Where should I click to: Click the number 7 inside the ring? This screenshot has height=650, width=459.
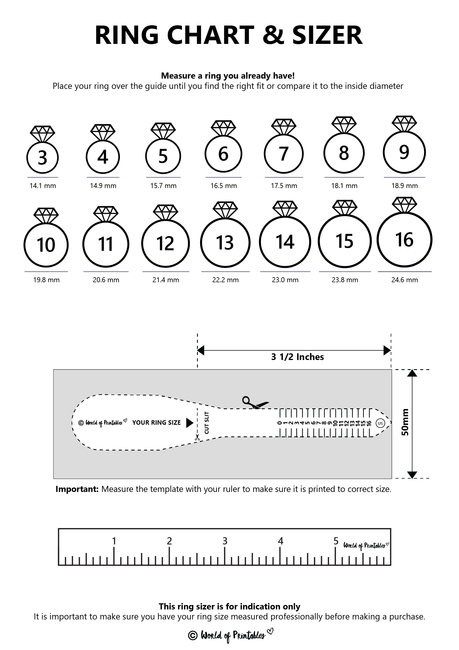pos(284,154)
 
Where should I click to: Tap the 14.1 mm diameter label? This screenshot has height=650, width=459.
pos(43,186)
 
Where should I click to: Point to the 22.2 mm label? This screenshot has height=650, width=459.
pos(225,280)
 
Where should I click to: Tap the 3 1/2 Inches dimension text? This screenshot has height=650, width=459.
pos(297,357)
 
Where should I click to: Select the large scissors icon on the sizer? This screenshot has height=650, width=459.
pos(254,402)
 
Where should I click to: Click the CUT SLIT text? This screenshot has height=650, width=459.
pos(207,423)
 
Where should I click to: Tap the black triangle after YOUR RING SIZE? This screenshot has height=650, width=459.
pos(190,423)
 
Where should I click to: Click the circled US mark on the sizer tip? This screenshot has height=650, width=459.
pos(380,423)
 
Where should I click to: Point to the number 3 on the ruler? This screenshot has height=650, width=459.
pos(225,541)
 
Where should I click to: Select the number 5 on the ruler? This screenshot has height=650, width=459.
pos(336,541)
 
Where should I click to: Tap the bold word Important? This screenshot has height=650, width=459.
pos(77,489)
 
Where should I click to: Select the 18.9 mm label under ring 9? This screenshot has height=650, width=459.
pos(404,186)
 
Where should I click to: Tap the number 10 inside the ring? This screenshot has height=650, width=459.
pos(46,245)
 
